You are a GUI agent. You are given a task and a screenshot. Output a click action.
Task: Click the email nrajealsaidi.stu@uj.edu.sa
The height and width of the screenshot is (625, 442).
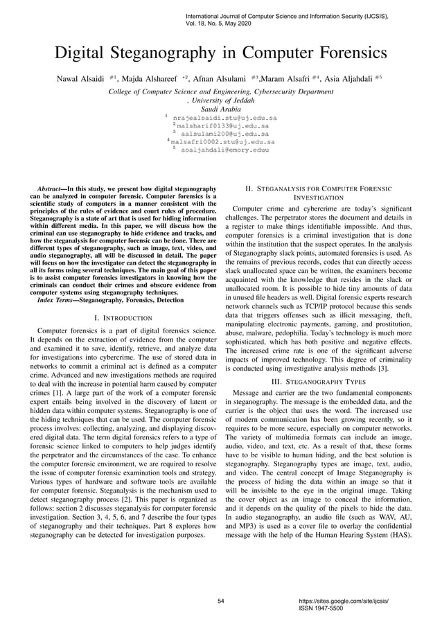224,118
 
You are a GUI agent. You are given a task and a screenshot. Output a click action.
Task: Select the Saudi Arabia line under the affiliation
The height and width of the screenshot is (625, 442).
220,109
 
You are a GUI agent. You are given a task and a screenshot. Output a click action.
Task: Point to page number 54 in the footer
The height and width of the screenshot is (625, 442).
221,601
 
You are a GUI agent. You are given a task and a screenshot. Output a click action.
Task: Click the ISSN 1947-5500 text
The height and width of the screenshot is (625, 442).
317,608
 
